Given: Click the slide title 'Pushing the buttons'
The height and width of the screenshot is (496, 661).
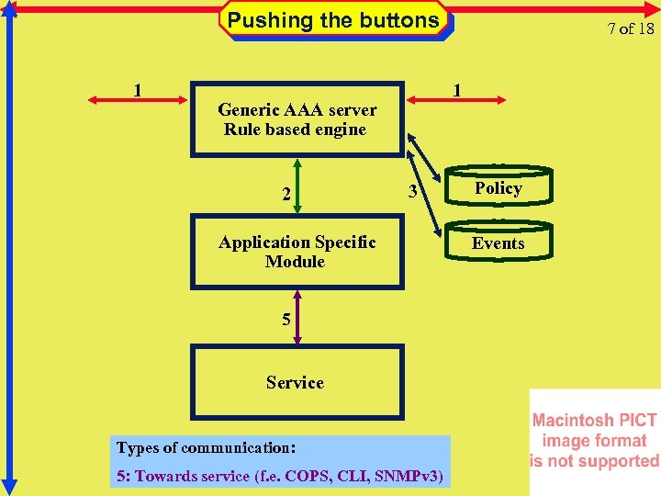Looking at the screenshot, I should (x=333, y=20).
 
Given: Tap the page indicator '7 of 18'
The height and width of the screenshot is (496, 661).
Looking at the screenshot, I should (x=630, y=28).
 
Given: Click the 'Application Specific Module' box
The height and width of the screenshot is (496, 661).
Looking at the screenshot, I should (x=297, y=252).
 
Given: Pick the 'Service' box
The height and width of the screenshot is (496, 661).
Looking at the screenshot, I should (x=296, y=382).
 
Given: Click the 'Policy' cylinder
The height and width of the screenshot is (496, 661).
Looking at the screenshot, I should (x=499, y=187).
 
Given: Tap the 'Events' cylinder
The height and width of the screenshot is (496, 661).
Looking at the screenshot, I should (x=499, y=242).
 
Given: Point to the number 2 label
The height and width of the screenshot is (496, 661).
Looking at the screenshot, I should (x=286, y=194).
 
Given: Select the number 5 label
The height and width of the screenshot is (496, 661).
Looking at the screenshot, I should (x=286, y=320).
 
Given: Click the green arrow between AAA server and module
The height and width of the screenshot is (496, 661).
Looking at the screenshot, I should (x=297, y=186).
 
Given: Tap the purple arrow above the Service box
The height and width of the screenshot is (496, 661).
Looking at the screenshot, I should (x=297, y=317).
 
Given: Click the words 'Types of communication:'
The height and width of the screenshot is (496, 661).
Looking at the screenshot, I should (x=206, y=448).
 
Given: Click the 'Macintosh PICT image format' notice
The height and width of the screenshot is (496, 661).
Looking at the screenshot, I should (x=594, y=441).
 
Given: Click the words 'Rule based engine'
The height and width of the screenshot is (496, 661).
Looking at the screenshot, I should (x=295, y=130).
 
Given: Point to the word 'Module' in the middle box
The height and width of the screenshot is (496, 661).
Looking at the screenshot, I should (x=295, y=262).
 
